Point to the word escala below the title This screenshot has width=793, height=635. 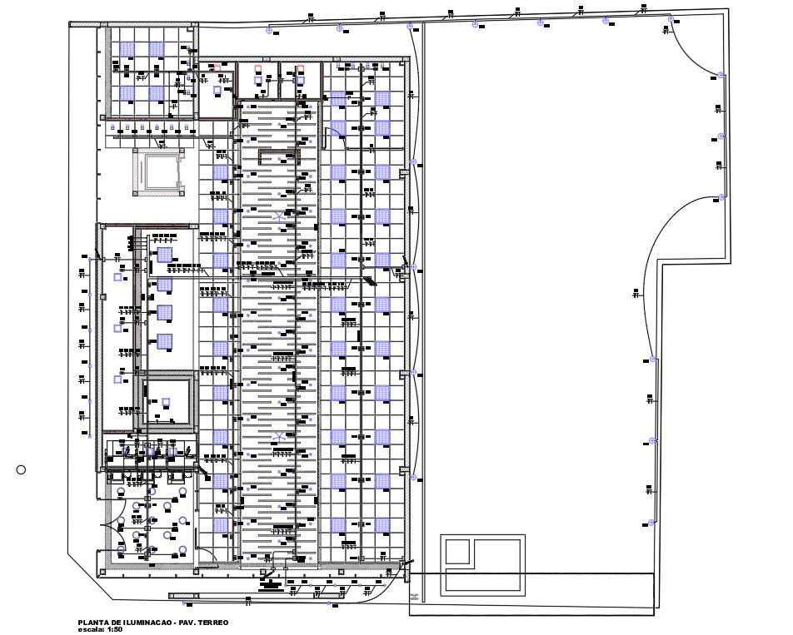[89, 629]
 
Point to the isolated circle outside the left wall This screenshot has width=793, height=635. [21, 470]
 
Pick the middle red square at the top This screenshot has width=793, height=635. [258, 68]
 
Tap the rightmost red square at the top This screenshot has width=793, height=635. [301, 68]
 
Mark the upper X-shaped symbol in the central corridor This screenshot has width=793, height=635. [278, 216]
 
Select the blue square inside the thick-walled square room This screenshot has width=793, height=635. [166, 402]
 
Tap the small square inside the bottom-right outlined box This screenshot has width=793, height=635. [456, 552]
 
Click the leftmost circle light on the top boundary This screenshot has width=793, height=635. [268, 31]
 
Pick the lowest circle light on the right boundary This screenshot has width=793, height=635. [652, 523]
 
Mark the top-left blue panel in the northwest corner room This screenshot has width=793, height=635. [127, 49]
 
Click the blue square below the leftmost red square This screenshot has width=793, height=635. [218, 89]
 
